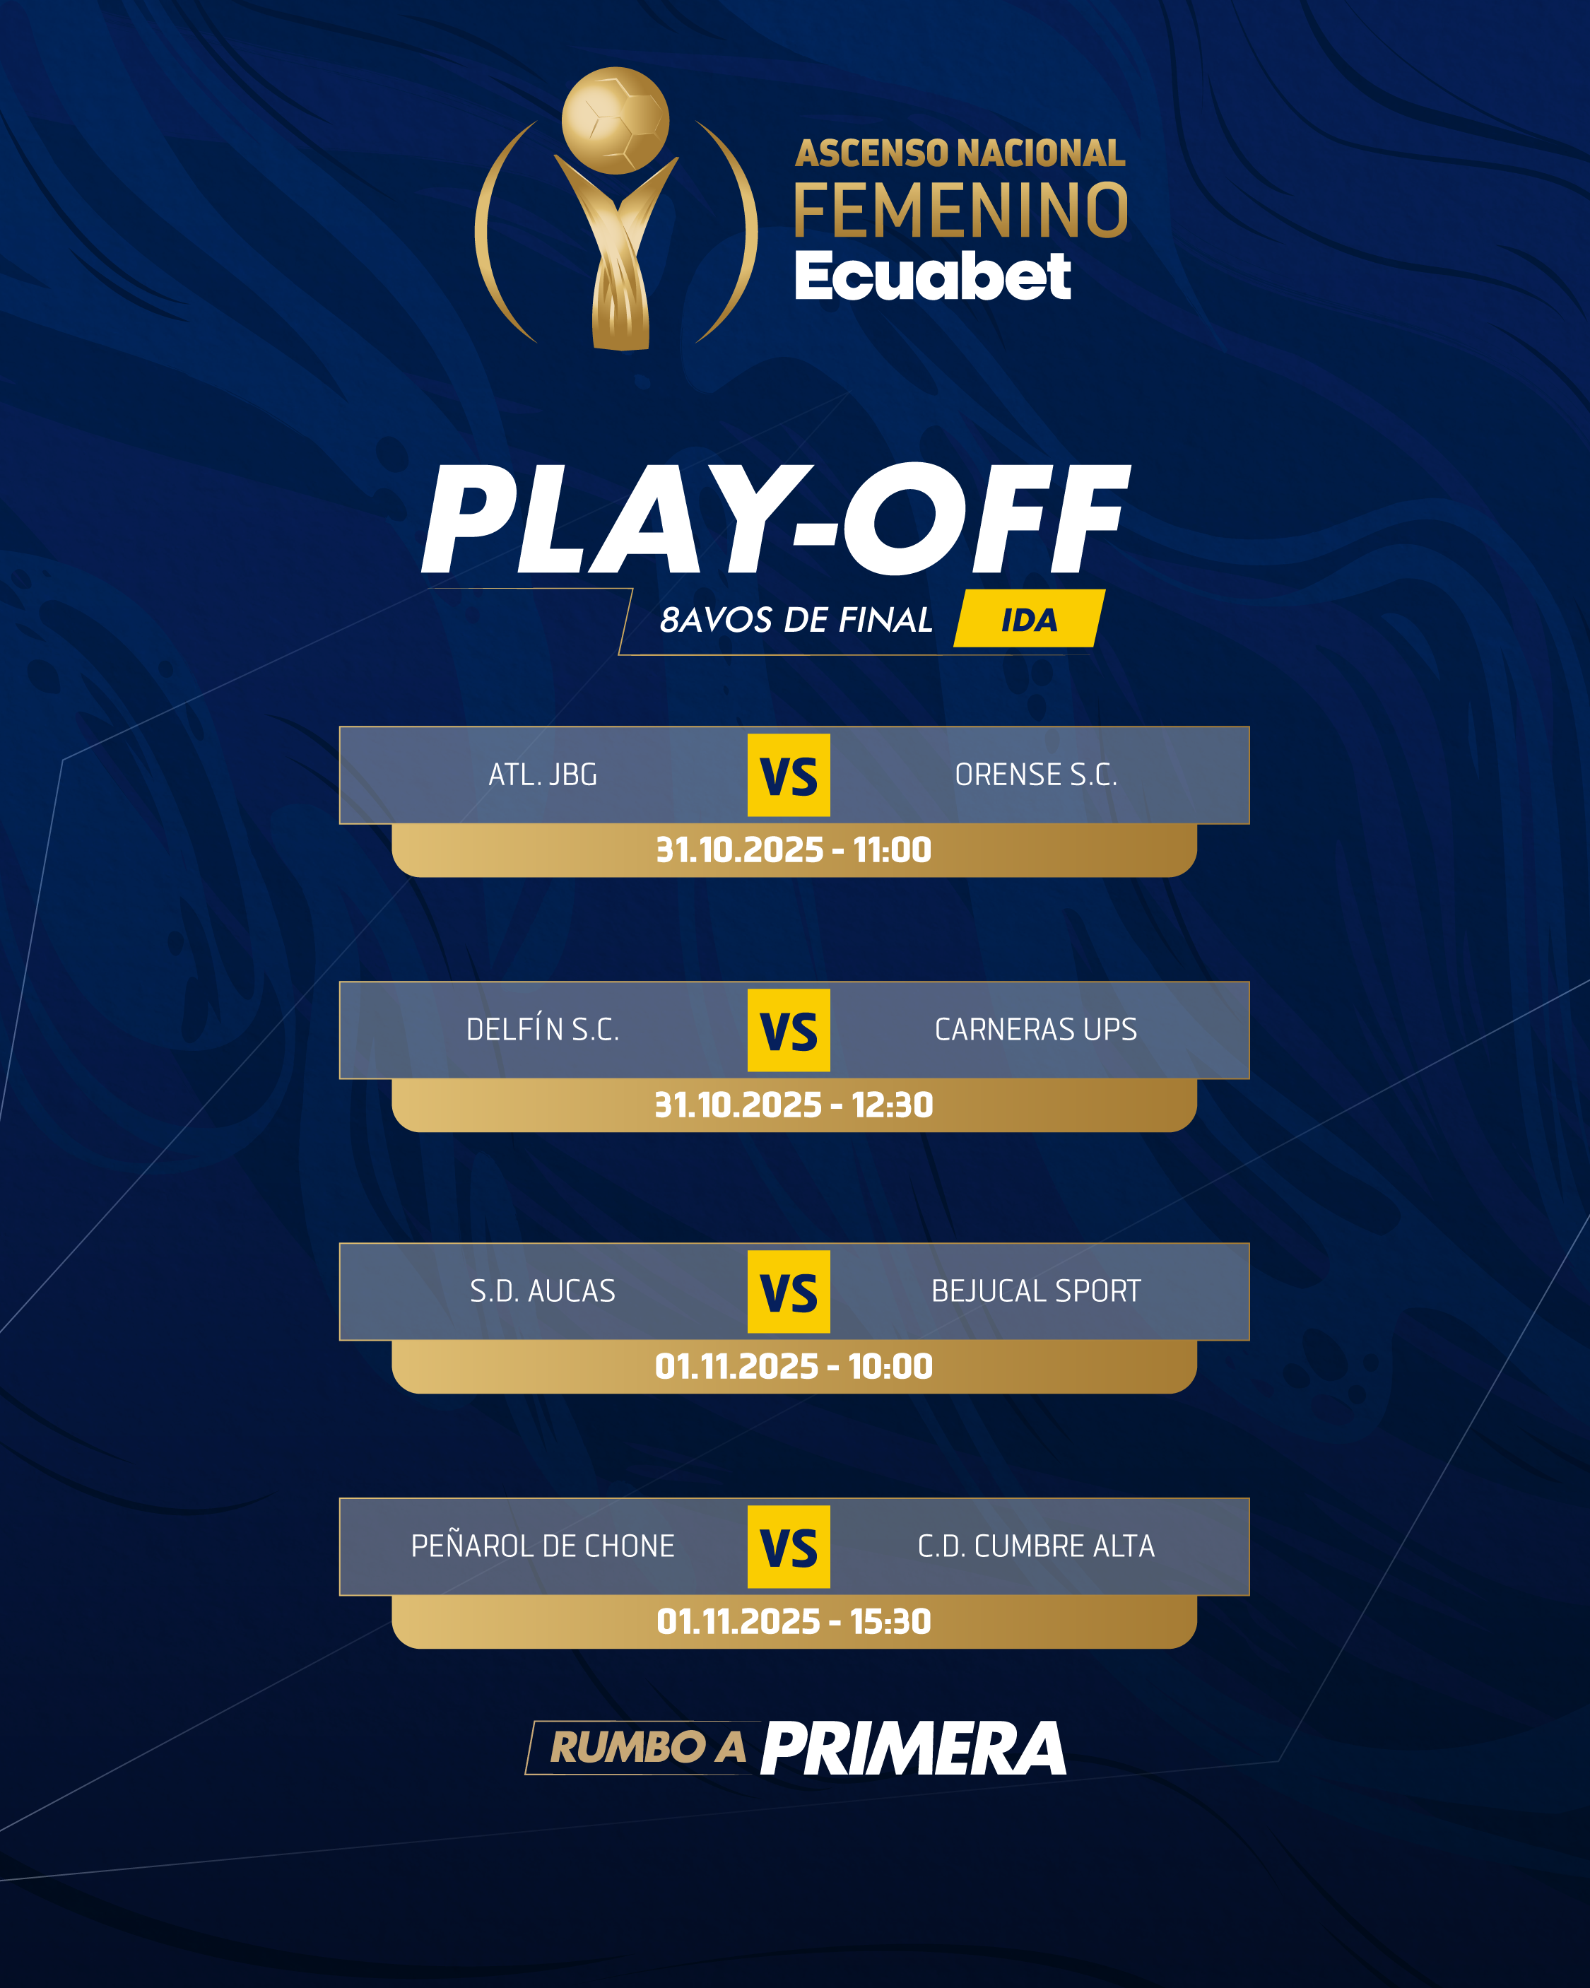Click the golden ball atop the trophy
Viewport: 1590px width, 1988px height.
[x=616, y=121]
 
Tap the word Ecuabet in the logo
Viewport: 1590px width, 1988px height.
[x=932, y=276]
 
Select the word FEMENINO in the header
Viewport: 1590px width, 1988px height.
[x=961, y=210]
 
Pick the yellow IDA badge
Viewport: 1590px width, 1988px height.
[x=1029, y=618]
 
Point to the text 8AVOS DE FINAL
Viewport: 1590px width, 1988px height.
[x=796, y=620]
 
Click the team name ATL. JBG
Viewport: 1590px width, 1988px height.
[x=543, y=775]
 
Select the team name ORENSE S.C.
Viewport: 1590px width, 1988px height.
[x=1036, y=775]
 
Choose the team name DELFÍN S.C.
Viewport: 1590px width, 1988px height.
[x=543, y=1029]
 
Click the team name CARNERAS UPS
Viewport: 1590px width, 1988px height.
[x=1036, y=1030]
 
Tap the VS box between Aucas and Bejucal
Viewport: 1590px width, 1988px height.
[x=789, y=1292]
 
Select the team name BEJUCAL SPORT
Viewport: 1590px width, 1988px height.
[x=1036, y=1291]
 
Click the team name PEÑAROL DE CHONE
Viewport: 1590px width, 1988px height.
[x=543, y=1546]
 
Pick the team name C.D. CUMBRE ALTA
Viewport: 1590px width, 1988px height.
[x=1036, y=1546]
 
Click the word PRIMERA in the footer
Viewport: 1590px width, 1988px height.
[x=914, y=1748]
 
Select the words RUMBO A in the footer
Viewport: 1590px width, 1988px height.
[x=648, y=1747]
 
